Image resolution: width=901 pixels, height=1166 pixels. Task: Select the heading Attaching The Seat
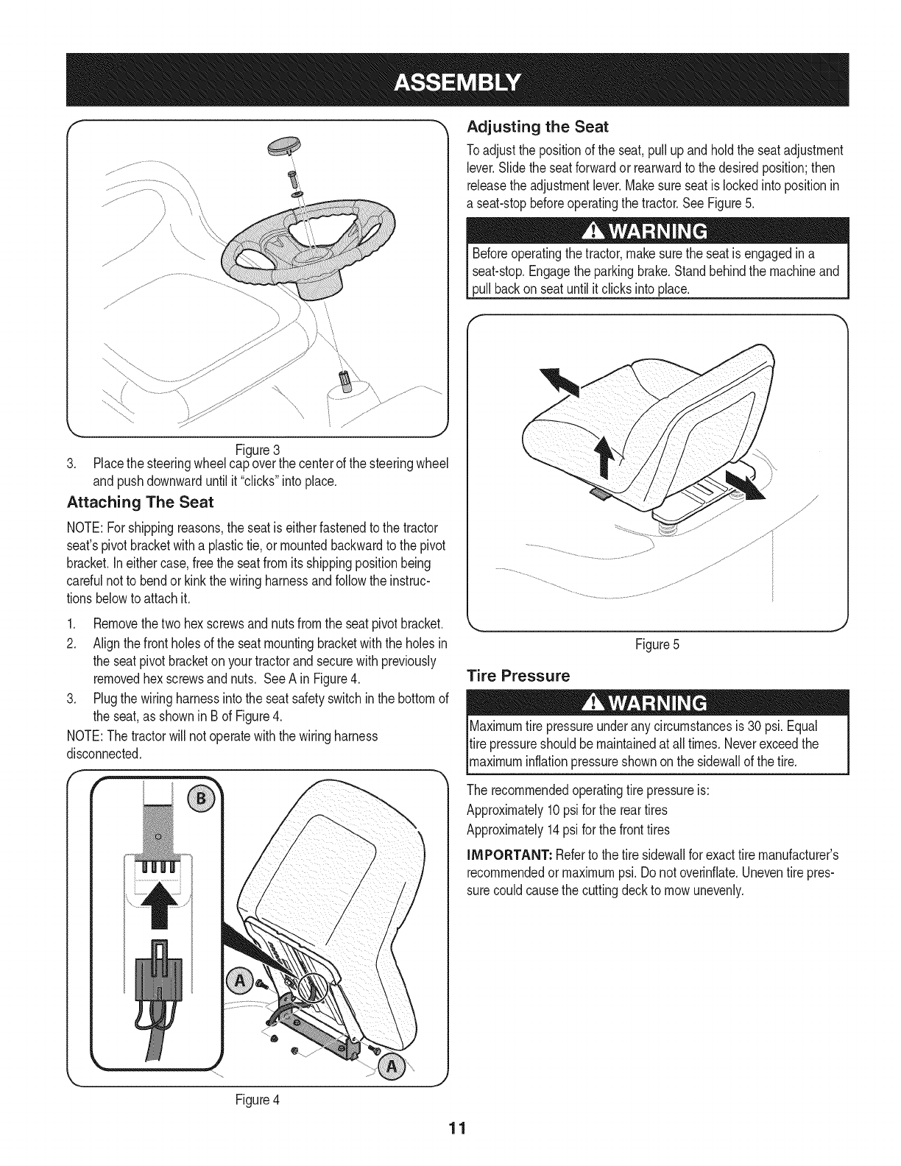point(140,503)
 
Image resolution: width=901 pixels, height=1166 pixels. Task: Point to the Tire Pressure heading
point(518,675)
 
